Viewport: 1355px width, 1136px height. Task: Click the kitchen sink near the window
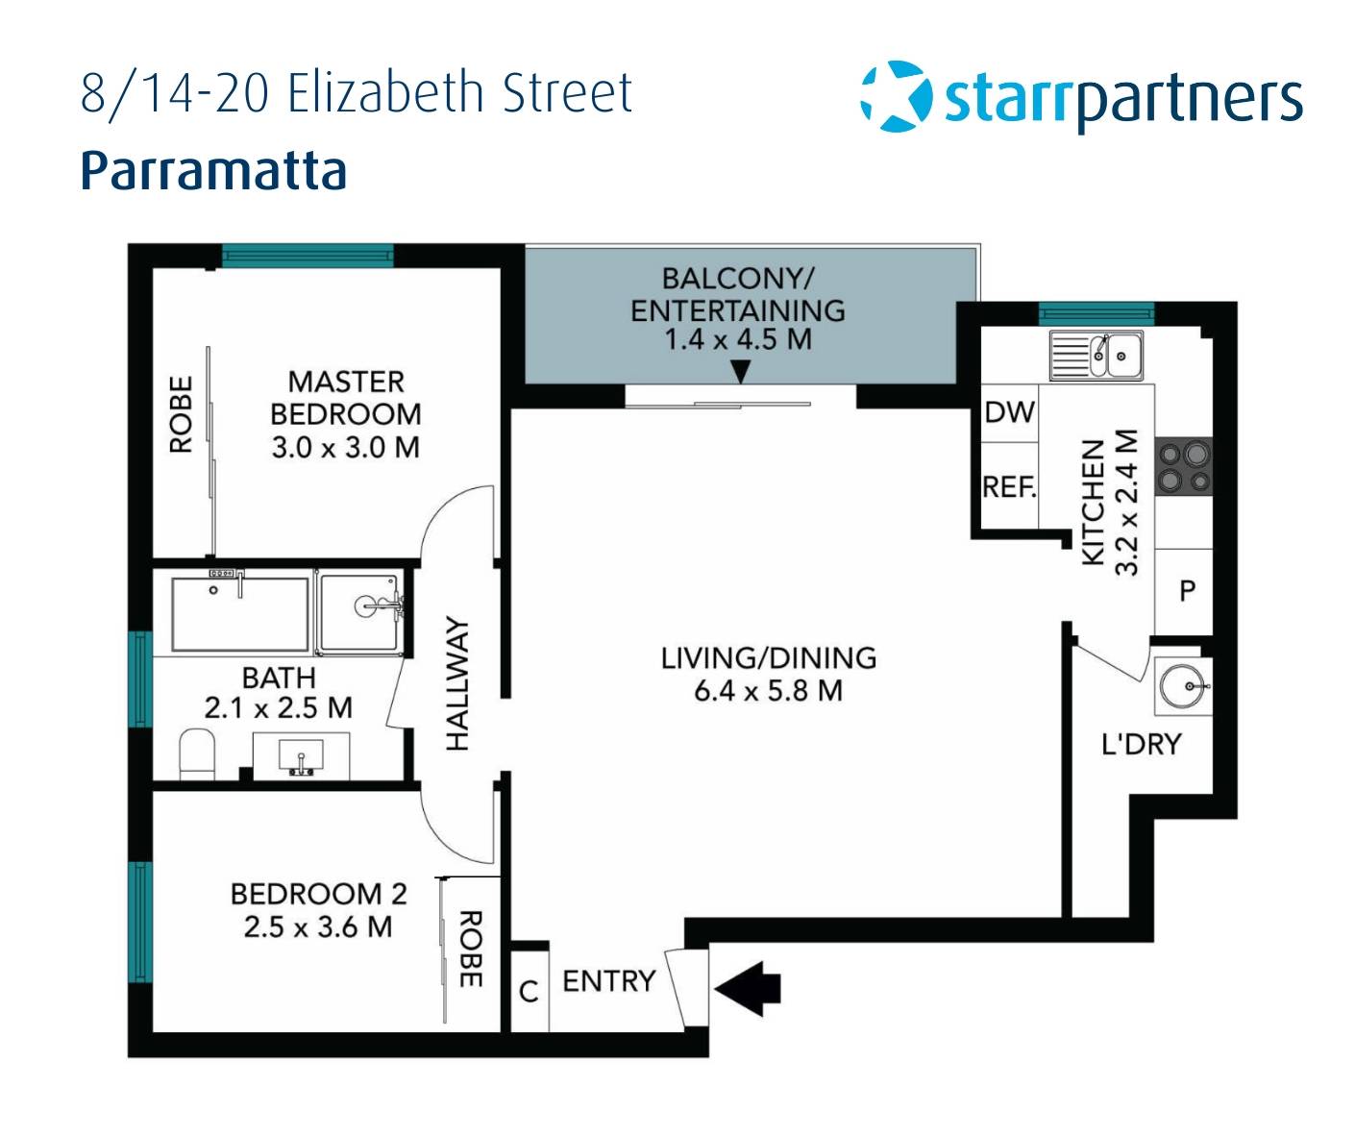point(1095,356)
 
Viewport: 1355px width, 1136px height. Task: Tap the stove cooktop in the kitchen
point(1183,466)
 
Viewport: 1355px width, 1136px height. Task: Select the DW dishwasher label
point(1009,413)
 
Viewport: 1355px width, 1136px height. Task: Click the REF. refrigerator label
point(1009,487)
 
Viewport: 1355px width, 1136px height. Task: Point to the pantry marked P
point(1187,590)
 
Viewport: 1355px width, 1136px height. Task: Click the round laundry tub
point(1181,686)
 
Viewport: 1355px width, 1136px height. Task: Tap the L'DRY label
point(1141,744)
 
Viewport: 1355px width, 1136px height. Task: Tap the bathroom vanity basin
point(301,756)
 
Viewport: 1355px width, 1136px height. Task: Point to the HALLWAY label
point(456,683)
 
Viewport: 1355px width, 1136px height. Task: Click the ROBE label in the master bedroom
point(181,414)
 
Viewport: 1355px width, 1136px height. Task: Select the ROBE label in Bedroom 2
point(469,950)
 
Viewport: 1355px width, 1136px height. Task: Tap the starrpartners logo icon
point(896,96)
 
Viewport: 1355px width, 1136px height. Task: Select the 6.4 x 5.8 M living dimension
point(768,691)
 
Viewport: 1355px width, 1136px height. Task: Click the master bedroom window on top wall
point(308,255)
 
